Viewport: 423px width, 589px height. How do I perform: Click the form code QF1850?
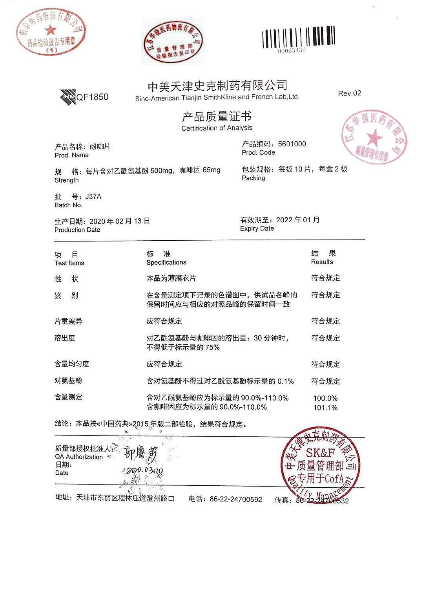pyautogui.click(x=92, y=97)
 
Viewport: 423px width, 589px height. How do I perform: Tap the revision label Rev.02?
pyautogui.click(x=349, y=93)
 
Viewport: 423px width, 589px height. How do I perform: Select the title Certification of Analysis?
pyautogui.click(x=217, y=128)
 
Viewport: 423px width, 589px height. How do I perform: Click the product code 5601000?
pyautogui.click(x=292, y=144)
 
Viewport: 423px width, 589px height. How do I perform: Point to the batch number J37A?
pyautogui.click(x=93, y=196)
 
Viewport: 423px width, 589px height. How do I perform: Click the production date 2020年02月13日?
pyautogui.click(x=120, y=221)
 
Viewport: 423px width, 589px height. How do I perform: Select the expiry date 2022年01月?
pyautogui.click(x=298, y=220)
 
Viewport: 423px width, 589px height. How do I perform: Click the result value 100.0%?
pyautogui.click(x=325, y=398)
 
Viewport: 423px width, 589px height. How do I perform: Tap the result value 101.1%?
pyautogui.click(x=325, y=408)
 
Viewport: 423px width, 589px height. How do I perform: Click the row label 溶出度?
pyautogui.click(x=65, y=338)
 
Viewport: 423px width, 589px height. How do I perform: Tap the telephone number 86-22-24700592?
pyautogui.click(x=235, y=499)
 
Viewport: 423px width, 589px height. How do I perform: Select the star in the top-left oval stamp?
pyautogui.click(x=50, y=29)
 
